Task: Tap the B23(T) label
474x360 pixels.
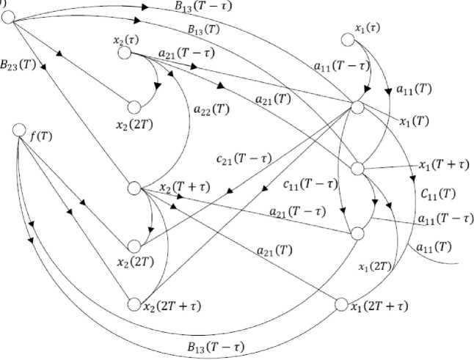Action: pyautogui.click(x=19, y=64)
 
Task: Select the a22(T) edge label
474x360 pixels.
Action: pyautogui.click(x=212, y=111)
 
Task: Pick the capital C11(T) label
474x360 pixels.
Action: pyautogui.click(x=437, y=194)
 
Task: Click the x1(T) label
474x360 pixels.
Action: pyautogui.click(x=414, y=121)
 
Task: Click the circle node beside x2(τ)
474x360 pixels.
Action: pyautogui.click(x=124, y=53)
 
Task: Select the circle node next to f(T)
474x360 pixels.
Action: pyautogui.click(x=20, y=131)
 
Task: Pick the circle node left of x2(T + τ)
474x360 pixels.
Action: pyautogui.click(x=134, y=188)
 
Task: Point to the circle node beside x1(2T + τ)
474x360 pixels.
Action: pyautogui.click(x=340, y=304)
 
